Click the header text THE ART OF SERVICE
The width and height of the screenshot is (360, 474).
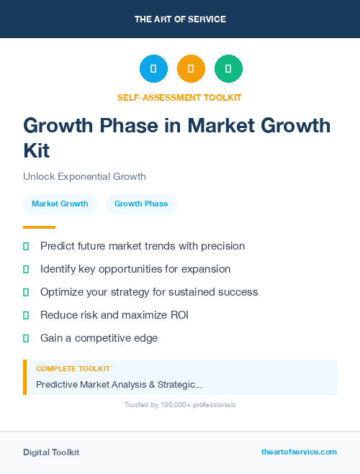pos(180,19)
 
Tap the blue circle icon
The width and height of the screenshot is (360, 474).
pos(153,69)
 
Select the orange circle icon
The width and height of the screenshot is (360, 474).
pos(191,69)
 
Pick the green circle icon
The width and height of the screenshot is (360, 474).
pos(228,69)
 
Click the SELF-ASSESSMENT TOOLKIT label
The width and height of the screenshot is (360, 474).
pos(179,97)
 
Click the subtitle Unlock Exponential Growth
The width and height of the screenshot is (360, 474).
pos(84,176)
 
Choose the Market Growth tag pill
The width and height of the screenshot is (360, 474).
pos(60,204)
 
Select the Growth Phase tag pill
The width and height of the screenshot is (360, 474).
pos(141,204)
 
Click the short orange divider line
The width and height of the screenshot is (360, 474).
pos(39,227)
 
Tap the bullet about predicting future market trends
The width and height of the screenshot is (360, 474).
pos(143,246)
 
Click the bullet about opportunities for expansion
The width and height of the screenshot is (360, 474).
pos(135,269)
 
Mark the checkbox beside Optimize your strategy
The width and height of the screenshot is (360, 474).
pos(26,292)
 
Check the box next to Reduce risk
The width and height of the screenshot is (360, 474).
pos(26,315)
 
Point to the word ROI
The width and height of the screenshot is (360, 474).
pos(178,315)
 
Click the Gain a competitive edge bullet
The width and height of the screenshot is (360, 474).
pos(99,338)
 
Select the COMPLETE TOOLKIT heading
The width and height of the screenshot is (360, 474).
pos(73,368)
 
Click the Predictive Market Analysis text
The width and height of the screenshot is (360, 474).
pos(119,385)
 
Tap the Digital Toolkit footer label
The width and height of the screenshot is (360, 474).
pos(51,452)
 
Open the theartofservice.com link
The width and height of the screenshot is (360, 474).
pos(299,452)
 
